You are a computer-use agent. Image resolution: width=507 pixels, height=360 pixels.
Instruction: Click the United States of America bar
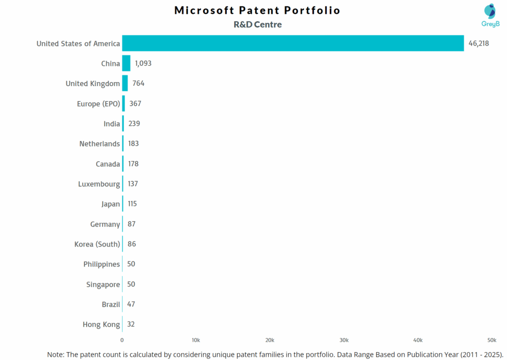(x=293, y=43)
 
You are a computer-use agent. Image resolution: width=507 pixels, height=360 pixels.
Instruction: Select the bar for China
(x=126, y=63)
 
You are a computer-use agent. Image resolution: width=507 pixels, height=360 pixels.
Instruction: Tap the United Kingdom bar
(x=125, y=83)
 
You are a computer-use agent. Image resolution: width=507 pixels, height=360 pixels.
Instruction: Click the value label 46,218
(x=479, y=44)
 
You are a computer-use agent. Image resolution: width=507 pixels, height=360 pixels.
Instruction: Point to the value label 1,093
(x=143, y=63)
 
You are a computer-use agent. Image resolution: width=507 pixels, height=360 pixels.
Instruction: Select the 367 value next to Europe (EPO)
(x=135, y=103)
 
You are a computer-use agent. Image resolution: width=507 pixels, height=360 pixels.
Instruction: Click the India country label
(x=111, y=124)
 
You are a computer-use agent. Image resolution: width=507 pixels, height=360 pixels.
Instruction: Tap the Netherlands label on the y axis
(x=100, y=144)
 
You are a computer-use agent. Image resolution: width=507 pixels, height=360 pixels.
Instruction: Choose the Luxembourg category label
(x=99, y=184)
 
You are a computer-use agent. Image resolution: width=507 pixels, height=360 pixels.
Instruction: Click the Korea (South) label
(x=97, y=244)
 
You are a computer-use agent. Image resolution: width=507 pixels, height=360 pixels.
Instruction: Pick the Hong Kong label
(x=101, y=324)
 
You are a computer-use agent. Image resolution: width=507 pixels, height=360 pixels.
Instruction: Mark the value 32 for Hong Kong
(x=131, y=324)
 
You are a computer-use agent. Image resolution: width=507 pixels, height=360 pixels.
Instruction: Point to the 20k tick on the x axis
(x=270, y=340)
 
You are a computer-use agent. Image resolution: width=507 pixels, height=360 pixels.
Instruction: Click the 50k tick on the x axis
(x=492, y=340)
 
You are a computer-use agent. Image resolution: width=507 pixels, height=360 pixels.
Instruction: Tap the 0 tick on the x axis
(x=122, y=340)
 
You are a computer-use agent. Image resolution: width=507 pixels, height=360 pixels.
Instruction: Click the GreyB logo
(x=490, y=15)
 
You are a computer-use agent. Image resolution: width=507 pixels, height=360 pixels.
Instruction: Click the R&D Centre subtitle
(x=257, y=24)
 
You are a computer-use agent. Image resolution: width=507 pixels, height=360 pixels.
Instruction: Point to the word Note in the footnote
(x=57, y=355)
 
